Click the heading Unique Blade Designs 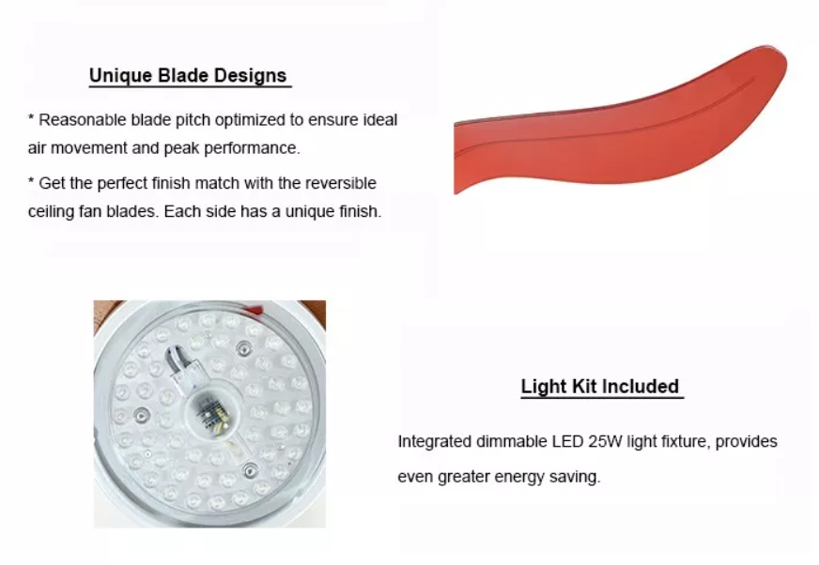click(188, 76)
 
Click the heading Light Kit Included click(600, 387)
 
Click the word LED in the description click(568, 442)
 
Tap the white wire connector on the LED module click(184, 377)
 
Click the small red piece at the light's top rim click(254, 310)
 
